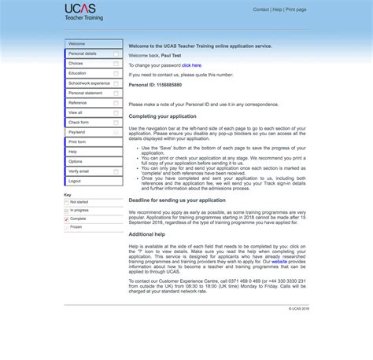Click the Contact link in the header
pos(260,9)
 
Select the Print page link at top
pos(296,9)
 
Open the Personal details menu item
pos(83,53)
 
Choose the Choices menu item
pos(76,63)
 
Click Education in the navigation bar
pos(78,73)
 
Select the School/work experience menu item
pos(89,83)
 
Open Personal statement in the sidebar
pos(85,93)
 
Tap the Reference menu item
pos(78,102)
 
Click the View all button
pos(76,112)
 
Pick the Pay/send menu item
pos(77,132)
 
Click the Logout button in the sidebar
pos(75,181)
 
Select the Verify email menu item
pos(79,171)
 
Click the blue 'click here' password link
pos(191,65)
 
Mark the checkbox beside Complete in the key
pos(67,219)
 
